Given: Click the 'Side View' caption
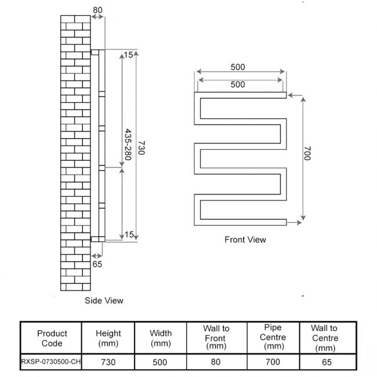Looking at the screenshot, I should coord(104,300).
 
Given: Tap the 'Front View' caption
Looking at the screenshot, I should coord(245,239).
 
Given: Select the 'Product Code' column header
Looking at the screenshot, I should coord(52,338).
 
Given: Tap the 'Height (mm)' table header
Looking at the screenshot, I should coord(108,338).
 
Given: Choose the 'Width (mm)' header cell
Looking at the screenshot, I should coord(161,338).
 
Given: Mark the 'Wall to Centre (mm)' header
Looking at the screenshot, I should coord(324,338).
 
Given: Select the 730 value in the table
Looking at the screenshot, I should coord(108,362).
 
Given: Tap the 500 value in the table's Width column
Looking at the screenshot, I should coord(161,362).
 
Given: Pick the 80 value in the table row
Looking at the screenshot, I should coord(216,362).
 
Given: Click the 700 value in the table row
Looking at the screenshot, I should coord(273,362).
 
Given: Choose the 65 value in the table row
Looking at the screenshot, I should coord(324,362).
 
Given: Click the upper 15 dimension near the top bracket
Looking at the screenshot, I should coord(129,55).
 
